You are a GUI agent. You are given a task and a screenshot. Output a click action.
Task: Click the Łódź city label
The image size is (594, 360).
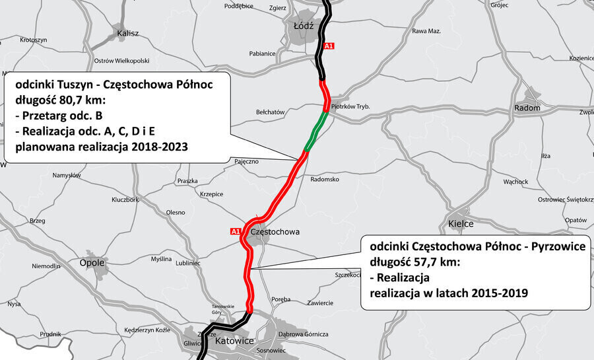pyautogui.click(x=302, y=25)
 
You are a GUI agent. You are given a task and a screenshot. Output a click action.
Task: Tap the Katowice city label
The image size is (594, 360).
pyautogui.click(x=235, y=341)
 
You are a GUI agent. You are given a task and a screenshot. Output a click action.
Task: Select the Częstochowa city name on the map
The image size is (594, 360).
pyautogui.click(x=275, y=232)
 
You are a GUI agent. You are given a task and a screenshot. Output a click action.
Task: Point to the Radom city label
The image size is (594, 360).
pyautogui.click(x=527, y=108)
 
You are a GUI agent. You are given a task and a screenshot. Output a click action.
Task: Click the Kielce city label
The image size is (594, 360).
pyautogui.click(x=461, y=224)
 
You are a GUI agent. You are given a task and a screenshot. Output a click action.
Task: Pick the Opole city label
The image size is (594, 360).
pyautogui.click(x=92, y=262)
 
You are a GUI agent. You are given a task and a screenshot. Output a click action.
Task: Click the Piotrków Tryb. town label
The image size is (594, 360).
pyautogui.click(x=353, y=106)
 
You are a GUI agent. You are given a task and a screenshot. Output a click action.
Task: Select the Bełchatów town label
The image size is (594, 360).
pyautogui.click(x=270, y=112)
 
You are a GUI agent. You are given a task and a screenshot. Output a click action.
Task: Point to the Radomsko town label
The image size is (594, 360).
pyautogui.click(x=324, y=179)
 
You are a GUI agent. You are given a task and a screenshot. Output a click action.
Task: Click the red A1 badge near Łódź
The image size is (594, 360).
pyautogui.click(x=329, y=46)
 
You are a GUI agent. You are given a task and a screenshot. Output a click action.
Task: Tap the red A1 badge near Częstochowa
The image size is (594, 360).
pyautogui.click(x=236, y=231)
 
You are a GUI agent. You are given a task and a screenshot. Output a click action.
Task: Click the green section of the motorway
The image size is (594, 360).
pyautogui.click(x=314, y=131)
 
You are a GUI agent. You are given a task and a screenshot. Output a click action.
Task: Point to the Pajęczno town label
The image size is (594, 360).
pyautogui.click(x=246, y=161)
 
